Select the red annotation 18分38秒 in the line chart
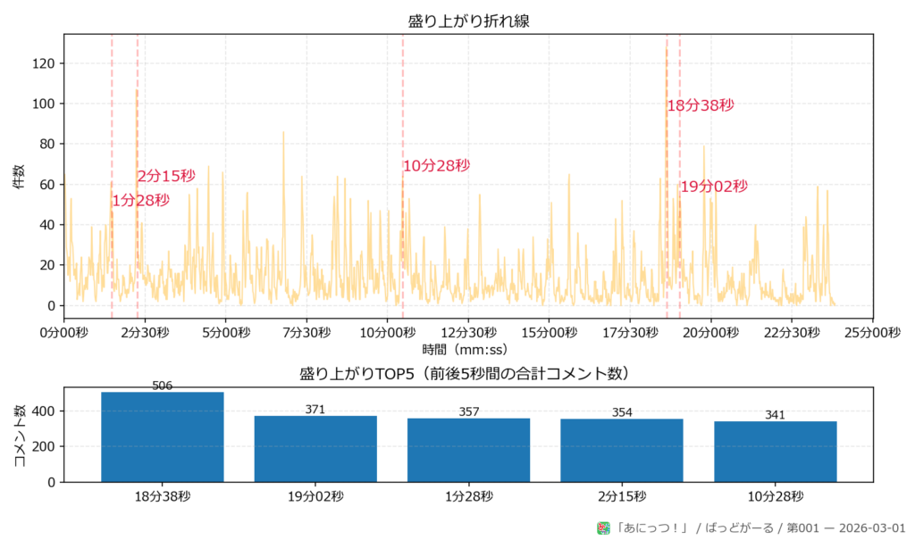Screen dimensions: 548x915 coord(701,105)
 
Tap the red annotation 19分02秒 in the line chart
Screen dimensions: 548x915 coord(713,187)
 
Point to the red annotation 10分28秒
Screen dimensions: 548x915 coord(436,166)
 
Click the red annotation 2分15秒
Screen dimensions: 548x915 coord(166,177)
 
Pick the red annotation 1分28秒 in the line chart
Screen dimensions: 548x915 coord(140,201)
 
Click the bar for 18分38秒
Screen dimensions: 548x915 coord(163,437)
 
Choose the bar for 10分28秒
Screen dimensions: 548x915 coord(775,452)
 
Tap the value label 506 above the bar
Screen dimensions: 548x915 coord(163,386)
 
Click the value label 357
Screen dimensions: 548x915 coord(468,411)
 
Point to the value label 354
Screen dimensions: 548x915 coord(622,412)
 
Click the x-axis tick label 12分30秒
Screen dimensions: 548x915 coord(468,332)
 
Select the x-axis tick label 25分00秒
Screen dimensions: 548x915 coord(872,332)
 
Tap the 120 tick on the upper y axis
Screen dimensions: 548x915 coord(44,63)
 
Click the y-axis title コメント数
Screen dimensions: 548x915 coord(20,435)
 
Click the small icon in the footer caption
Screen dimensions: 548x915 coord(603,528)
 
